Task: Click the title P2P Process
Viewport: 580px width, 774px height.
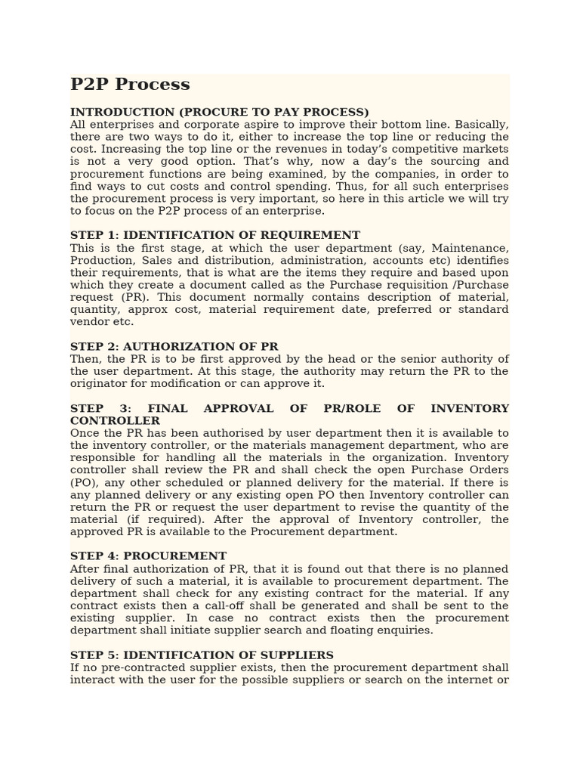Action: point(130,85)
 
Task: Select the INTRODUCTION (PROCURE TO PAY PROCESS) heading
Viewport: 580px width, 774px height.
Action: point(220,113)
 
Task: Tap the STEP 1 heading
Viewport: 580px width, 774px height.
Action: point(215,236)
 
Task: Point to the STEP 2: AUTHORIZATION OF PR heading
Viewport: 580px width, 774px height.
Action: point(174,347)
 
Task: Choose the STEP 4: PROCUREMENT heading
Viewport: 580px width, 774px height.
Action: point(148,557)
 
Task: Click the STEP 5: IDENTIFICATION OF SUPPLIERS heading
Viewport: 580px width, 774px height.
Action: point(202,655)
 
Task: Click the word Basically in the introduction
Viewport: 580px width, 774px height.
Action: point(482,125)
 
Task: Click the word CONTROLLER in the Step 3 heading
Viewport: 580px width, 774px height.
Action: point(115,421)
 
